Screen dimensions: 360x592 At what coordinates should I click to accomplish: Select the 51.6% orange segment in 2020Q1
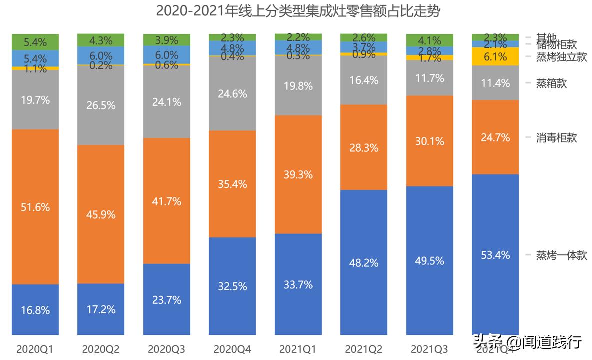[35, 207]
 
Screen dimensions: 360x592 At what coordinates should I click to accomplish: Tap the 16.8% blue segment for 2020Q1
[35, 310]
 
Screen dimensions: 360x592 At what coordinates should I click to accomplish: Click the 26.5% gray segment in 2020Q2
[101, 105]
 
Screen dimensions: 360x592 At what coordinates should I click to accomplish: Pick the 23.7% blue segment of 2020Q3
[167, 300]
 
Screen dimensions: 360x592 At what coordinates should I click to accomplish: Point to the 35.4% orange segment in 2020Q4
[232, 184]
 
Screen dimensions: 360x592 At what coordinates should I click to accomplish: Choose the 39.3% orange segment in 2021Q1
[298, 174]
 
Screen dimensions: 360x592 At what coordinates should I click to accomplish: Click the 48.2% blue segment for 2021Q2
[364, 262]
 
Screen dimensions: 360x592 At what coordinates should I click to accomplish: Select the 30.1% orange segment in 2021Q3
[430, 141]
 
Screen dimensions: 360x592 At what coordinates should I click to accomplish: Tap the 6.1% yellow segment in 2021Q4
[495, 57]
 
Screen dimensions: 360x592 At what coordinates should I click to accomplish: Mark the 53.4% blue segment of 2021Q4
[495, 255]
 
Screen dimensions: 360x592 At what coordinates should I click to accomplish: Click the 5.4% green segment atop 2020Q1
[35, 42]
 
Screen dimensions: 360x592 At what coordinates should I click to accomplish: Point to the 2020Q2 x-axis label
[101, 348]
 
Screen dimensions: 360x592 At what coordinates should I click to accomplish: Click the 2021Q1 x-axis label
[298, 348]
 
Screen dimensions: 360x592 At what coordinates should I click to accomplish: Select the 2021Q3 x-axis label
[430, 348]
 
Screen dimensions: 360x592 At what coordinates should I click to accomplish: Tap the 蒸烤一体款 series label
[561, 255]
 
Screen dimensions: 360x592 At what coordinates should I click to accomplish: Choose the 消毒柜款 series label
[556, 137]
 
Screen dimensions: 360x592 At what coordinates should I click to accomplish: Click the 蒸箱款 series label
[551, 83]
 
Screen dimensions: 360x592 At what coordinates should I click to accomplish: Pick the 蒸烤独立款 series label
[561, 56]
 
